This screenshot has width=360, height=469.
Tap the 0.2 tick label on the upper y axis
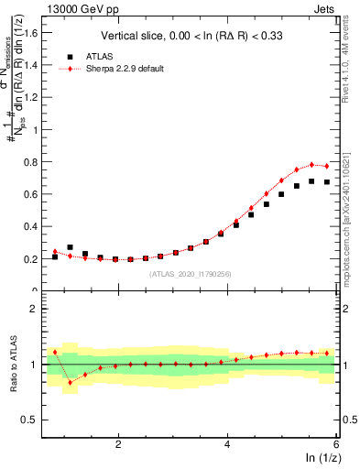click(34, 258)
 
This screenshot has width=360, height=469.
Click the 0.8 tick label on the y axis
click(34, 161)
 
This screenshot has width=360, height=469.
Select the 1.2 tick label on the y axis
click(34, 97)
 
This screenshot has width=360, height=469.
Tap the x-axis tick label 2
click(118, 444)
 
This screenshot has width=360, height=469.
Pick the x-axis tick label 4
click(227, 444)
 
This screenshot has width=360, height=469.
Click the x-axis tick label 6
click(336, 444)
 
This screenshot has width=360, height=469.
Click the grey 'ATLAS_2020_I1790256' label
click(191, 273)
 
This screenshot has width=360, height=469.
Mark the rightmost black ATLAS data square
click(326, 182)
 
